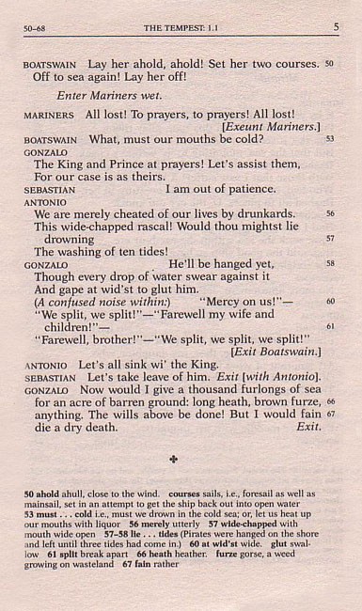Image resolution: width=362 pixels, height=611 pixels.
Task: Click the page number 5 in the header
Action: pyautogui.click(x=335, y=29)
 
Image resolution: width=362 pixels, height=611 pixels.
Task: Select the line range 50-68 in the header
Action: pyautogui.click(x=39, y=29)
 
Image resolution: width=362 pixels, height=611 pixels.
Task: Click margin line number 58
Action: pyautogui.click(x=329, y=263)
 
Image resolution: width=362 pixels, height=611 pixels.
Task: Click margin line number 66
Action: pyautogui.click(x=330, y=400)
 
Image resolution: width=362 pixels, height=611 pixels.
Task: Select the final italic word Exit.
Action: pyautogui.click(x=307, y=426)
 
